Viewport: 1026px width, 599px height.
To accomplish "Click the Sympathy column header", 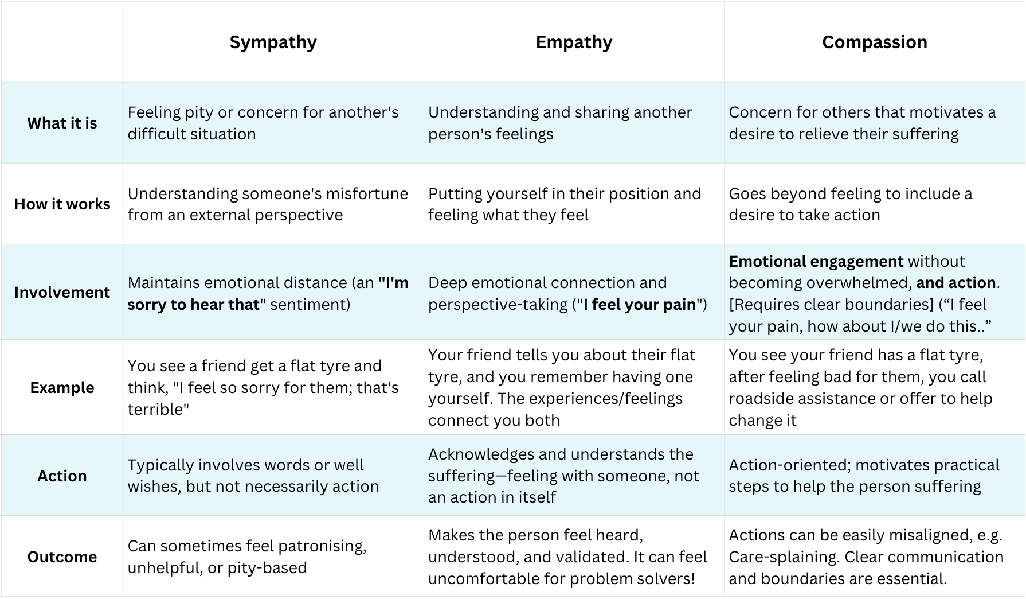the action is click(273, 42).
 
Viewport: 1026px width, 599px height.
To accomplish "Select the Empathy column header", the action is click(574, 42).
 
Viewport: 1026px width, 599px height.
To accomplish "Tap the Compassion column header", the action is click(874, 42).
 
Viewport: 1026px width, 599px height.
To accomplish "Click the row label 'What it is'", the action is click(62, 123).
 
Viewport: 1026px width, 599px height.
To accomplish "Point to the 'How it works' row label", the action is click(62, 204).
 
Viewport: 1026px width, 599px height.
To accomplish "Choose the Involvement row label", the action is click(62, 292).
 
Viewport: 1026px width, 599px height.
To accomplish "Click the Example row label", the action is click(62, 387).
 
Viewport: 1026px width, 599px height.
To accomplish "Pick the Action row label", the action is click(62, 476).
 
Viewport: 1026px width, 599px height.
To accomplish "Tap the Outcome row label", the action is click(62, 557).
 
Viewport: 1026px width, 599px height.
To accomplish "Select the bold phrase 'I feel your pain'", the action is click(640, 304).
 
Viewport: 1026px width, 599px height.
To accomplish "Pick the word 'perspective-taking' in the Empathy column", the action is click(498, 304).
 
